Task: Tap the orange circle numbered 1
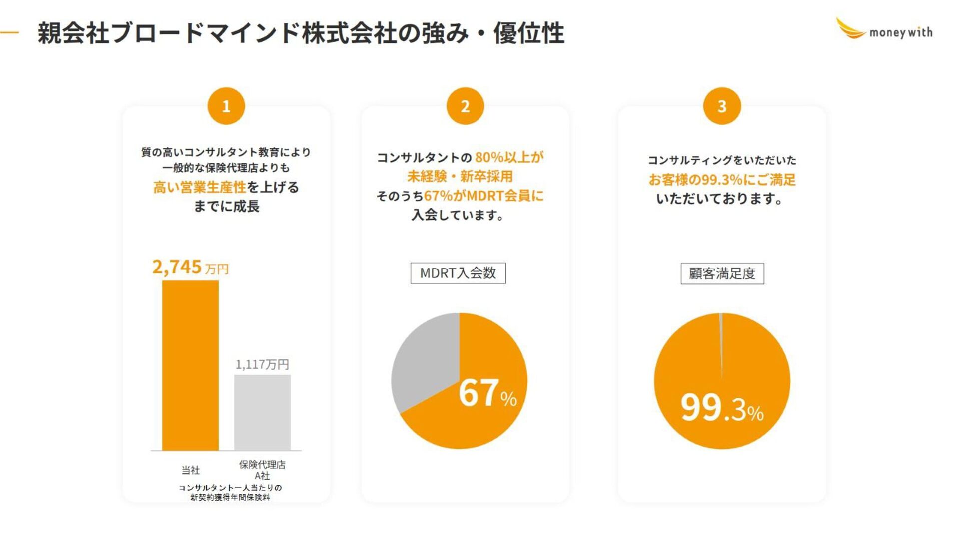click(226, 106)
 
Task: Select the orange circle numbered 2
click(465, 106)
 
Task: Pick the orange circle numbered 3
click(721, 106)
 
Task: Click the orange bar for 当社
click(190, 365)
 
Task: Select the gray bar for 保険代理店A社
click(262, 412)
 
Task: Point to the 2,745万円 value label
click(190, 268)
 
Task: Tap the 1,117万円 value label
click(262, 364)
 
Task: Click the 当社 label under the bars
click(190, 470)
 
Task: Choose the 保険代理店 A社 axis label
click(262, 470)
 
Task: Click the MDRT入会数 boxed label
click(458, 273)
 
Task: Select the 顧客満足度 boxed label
click(722, 273)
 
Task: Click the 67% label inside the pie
click(487, 393)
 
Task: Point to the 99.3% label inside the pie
click(722, 408)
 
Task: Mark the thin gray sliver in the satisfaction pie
click(721, 339)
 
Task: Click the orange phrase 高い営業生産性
click(199, 187)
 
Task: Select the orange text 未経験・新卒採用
click(460, 176)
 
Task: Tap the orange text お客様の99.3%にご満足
click(722, 180)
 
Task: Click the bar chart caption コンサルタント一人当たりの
click(230, 488)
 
